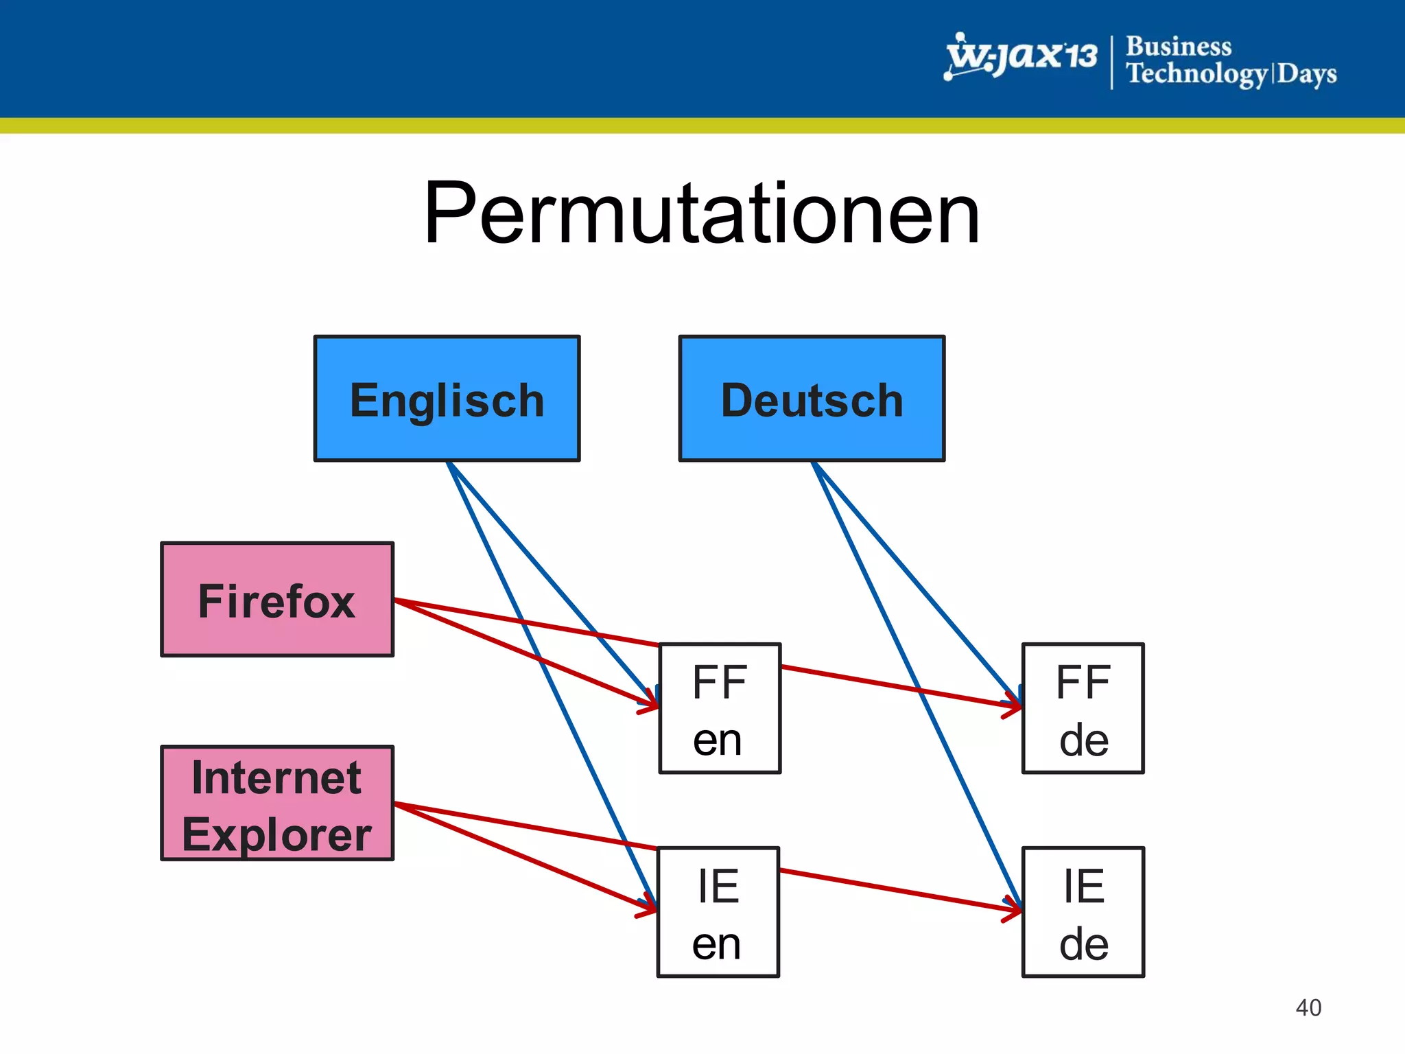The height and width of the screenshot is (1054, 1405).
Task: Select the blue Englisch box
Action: (x=447, y=399)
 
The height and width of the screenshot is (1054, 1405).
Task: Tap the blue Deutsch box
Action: (x=812, y=399)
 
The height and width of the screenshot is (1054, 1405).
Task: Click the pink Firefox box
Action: (x=277, y=600)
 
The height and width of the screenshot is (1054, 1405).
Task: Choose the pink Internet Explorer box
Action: (x=277, y=804)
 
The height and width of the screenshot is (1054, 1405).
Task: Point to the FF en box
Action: (x=720, y=709)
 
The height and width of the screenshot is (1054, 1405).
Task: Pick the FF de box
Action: (x=1083, y=709)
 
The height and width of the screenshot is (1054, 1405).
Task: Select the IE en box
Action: (x=718, y=913)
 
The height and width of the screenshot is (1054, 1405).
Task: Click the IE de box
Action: (x=1083, y=913)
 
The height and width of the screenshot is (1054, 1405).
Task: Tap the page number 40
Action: (x=1308, y=1007)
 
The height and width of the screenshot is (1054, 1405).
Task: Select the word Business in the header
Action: (x=1179, y=47)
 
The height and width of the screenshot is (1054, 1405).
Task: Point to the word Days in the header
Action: (x=1307, y=73)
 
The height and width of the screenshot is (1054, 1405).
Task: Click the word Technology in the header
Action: (x=1197, y=73)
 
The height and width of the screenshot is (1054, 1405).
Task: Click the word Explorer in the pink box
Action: (x=277, y=834)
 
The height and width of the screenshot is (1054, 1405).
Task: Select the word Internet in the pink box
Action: (x=276, y=777)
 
